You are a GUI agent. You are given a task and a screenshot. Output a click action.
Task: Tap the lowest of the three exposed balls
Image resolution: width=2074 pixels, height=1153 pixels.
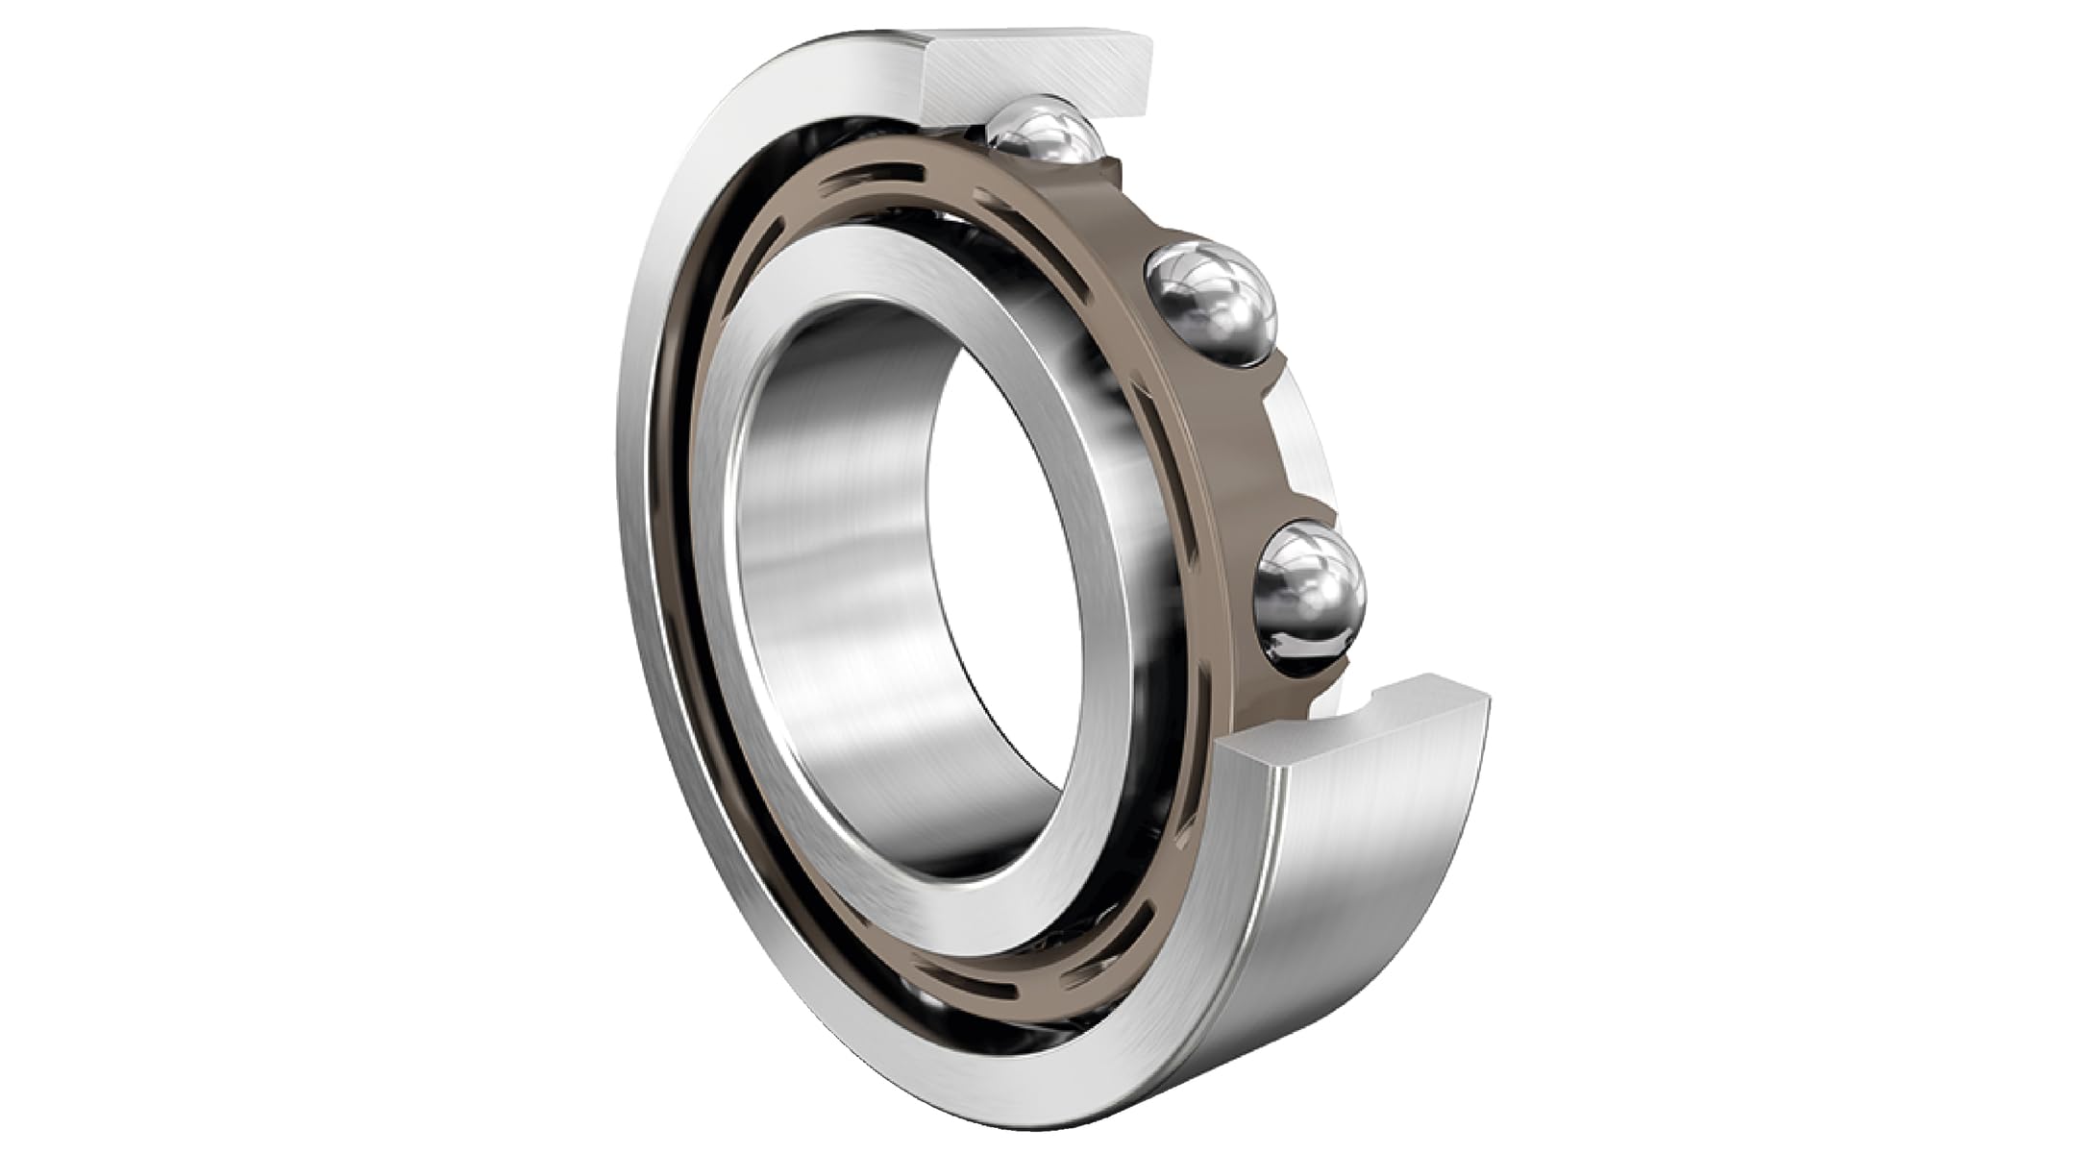pos(1309,592)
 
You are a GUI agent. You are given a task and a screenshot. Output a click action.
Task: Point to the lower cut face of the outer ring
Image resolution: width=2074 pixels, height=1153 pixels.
pos(1365,725)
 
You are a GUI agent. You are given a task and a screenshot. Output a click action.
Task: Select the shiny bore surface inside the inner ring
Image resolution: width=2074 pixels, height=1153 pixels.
pos(827,576)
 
